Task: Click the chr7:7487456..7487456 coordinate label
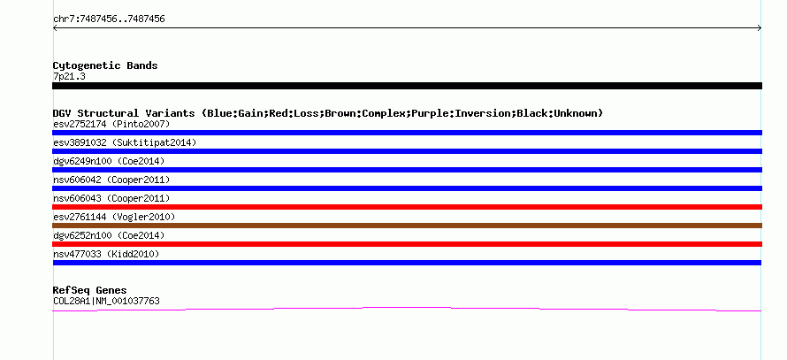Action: pyautogui.click(x=109, y=19)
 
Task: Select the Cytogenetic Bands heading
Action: pyautogui.click(x=105, y=65)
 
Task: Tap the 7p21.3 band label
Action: pyautogui.click(x=69, y=76)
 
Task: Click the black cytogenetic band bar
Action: pyautogui.click(x=407, y=86)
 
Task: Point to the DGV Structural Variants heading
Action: pyautogui.click(x=327, y=113)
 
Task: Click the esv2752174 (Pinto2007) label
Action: pyautogui.click(x=98, y=124)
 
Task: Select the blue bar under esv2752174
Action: pyautogui.click(x=407, y=133)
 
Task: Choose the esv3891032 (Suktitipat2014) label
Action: pyautogui.click(x=125, y=142)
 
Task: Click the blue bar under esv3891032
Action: pyautogui.click(x=407, y=151)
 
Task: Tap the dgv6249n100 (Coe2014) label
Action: pyautogui.click(x=109, y=161)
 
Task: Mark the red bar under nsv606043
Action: pyautogui.click(x=407, y=207)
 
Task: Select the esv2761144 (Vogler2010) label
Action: pyautogui.click(x=114, y=217)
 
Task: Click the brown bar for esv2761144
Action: pyautogui.click(x=407, y=226)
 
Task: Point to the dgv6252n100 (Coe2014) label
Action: pyautogui.click(x=109, y=235)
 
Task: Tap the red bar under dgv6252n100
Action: pyautogui.click(x=407, y=244)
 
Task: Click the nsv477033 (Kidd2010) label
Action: pyautogui.click(x=101, y=254)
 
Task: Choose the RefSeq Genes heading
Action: pyautogui.click(x=89, y=290)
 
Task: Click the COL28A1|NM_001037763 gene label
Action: pyautogui.click(x=106, y=301)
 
